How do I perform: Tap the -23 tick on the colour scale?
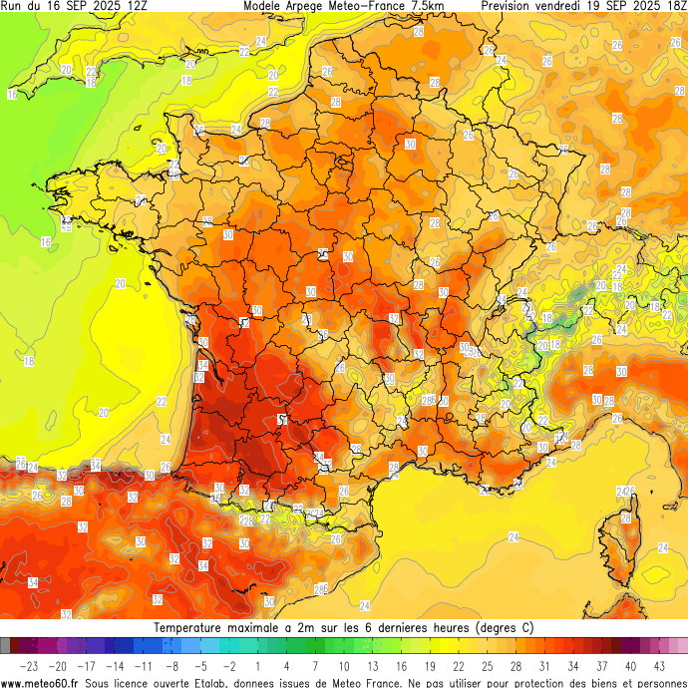coord(30,665)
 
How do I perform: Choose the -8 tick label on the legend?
coord(172,665)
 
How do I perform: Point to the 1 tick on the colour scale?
coord(257,665)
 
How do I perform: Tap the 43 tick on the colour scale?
coord(659,665)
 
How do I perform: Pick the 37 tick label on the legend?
coord(602,665)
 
